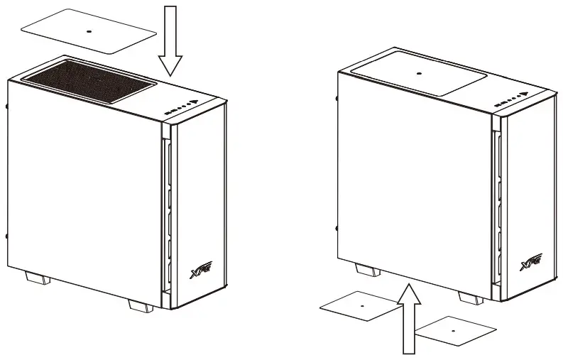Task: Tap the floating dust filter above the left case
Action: coord(89,32)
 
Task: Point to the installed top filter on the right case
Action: coord(417,73)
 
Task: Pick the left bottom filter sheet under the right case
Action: coord(361,305)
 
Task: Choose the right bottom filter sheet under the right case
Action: coord(454,329)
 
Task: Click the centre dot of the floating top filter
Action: coord(89,32)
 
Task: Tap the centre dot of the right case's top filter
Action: coord(417,72)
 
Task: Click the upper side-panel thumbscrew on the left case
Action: coord(6,107)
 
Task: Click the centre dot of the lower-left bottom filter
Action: coord(361,305)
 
